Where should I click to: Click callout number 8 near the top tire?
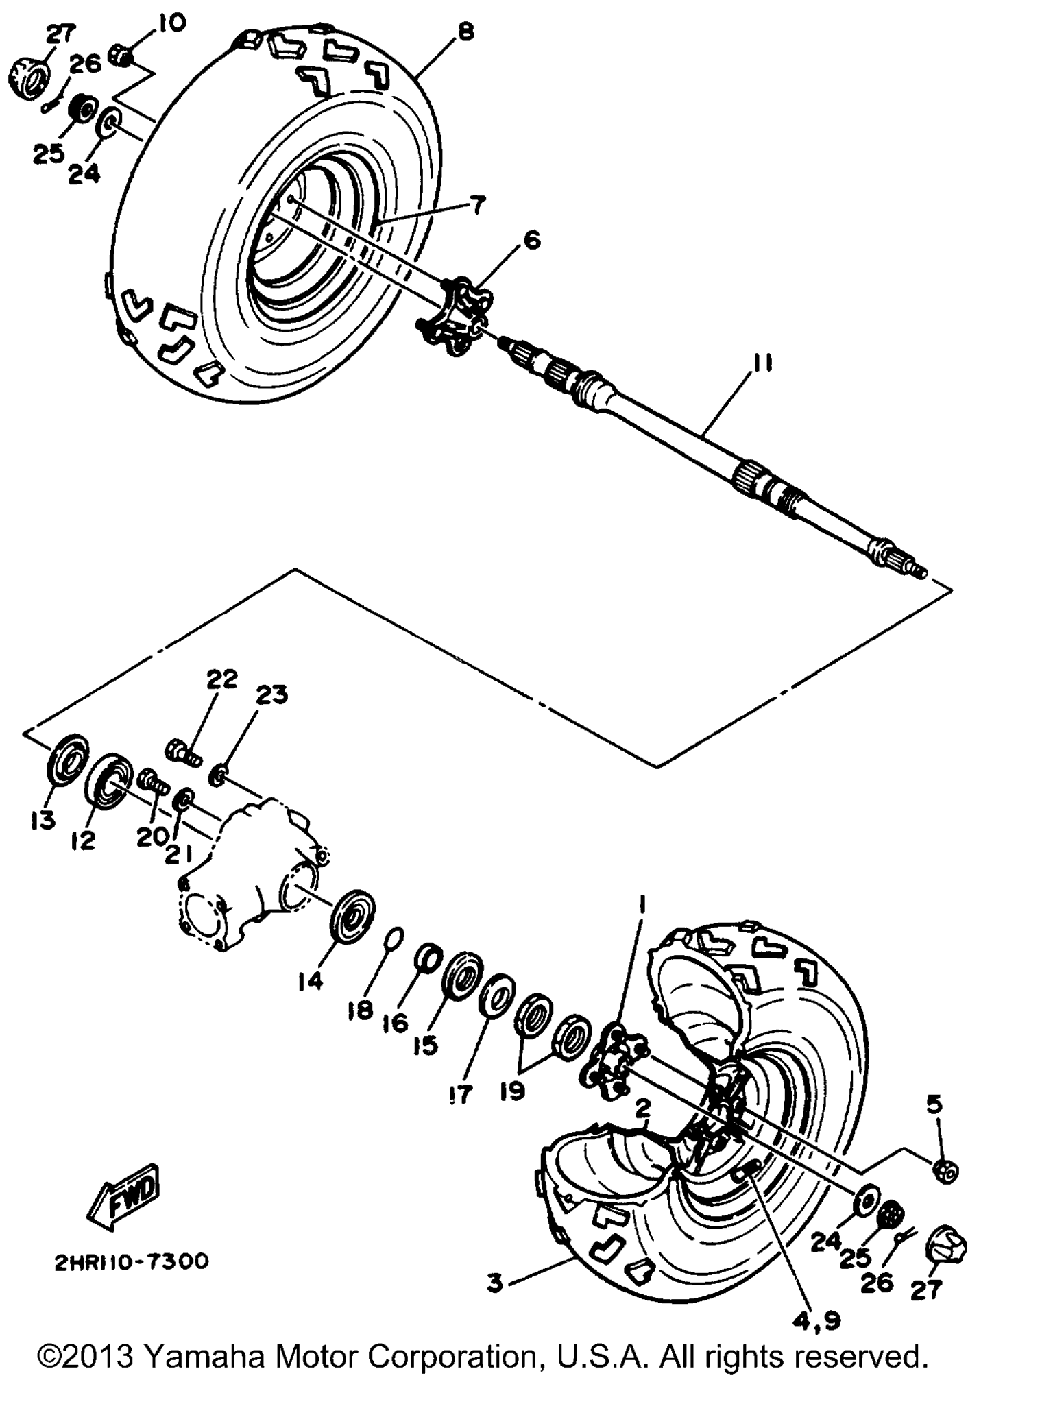coord(466,32)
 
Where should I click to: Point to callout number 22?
coord(222,679)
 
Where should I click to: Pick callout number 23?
coord(272,695)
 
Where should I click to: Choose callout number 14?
coord(310,982)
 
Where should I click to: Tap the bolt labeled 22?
coord(183,749)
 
